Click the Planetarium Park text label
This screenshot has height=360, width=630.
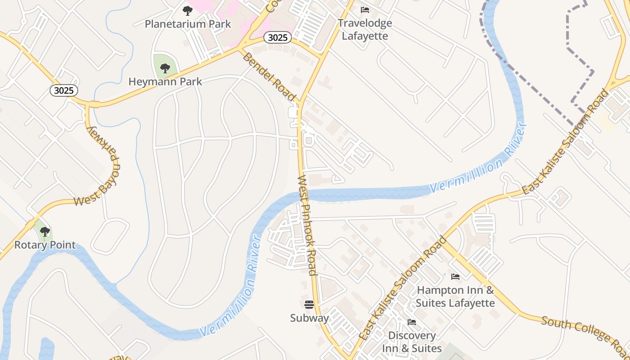188,24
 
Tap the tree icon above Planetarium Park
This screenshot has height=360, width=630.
188,10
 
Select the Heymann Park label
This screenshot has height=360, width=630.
165,81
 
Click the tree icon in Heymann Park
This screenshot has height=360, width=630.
165,68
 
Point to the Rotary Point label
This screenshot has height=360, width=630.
45,245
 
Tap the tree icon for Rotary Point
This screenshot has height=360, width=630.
45,232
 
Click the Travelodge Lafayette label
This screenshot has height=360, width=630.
365,29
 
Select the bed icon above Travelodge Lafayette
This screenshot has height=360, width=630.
365,9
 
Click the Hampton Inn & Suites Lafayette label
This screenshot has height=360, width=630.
455,297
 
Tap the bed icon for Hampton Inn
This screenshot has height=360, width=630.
455,276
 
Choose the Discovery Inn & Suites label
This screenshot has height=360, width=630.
412,342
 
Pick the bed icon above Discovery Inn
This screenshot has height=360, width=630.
411,322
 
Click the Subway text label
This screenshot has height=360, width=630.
309,318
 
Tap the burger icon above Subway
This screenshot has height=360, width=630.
309,305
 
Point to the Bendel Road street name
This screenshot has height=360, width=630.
269,77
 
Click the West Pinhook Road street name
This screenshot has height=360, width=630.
308,225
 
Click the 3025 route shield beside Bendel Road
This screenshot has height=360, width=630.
277,37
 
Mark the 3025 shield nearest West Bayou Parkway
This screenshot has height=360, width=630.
63,90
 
